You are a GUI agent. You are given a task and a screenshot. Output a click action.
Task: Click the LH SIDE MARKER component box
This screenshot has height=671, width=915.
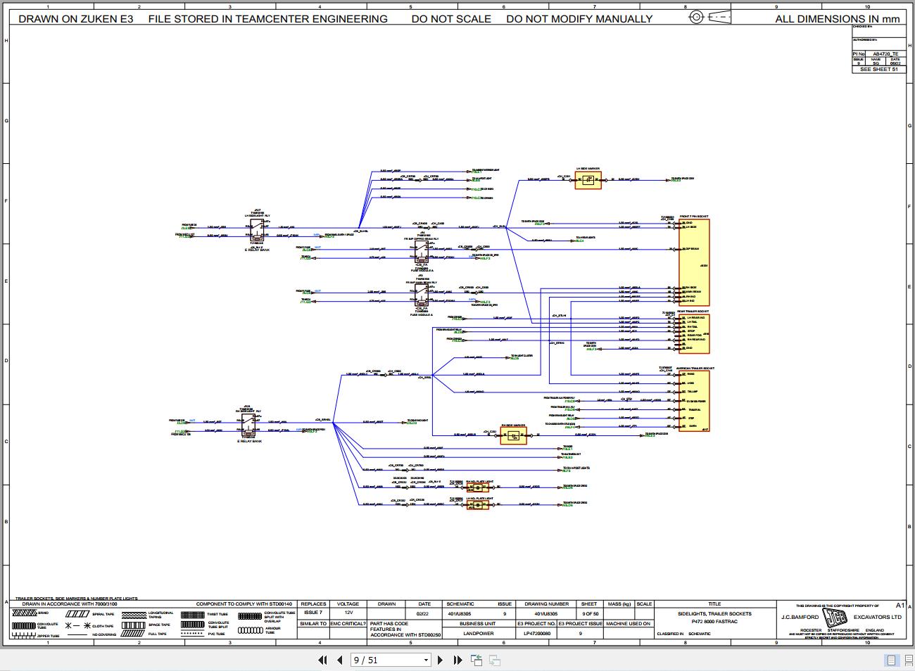tap(588, 180)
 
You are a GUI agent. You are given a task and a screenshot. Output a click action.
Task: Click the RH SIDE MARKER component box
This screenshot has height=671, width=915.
tap(513, 435)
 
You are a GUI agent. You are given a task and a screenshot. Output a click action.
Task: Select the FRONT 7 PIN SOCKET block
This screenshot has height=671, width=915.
tap(694, 262)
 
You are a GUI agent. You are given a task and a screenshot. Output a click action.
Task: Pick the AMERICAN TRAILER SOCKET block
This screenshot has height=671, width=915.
tap(694, 401)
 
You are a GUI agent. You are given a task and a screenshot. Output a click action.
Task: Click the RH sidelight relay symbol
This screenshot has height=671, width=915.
tap(247, 423)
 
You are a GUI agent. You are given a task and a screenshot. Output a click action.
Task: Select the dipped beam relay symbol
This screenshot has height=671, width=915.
tap(421, 251)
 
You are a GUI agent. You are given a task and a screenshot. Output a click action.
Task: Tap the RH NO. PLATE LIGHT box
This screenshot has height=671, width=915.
tap(477, 487)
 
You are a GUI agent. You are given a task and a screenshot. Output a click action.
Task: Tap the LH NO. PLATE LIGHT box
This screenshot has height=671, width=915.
tap(477, 504)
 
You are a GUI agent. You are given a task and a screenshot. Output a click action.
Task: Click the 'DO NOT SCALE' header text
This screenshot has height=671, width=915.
tap(451, 19)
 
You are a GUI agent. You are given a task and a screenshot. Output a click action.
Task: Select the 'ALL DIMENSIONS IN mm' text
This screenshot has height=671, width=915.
tap(837, 19)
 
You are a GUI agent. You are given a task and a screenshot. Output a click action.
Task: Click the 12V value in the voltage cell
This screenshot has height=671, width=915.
tap(348, 613)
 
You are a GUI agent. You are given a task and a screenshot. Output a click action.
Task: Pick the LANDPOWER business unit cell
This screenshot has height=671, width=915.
tap(478, 633)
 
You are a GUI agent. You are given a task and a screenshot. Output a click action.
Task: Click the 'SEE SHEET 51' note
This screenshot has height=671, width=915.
tap(878, 70)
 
